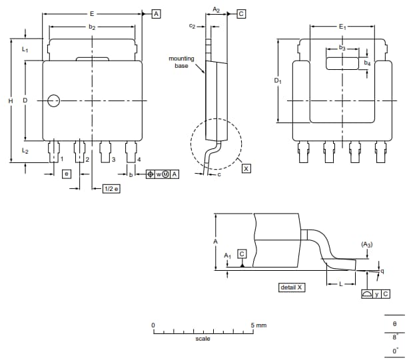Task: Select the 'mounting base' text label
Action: tap(181, 63)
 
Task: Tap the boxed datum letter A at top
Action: tap(156, 13)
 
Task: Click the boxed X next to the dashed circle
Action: tap(246, 169)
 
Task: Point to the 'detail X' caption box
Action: tap(291, 287)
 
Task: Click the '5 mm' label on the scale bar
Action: tap(258, 325)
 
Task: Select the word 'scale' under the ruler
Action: tap(203, 339)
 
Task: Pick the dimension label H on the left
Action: tap(10, 101)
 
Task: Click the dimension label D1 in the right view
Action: tap(278, 81)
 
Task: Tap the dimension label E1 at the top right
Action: tap(342, 26)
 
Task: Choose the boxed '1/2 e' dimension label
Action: tap(111, 189)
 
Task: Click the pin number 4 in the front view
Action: tap(139, 160)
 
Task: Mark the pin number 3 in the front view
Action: tap(113, 160)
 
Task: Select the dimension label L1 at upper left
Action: tap(25, 50)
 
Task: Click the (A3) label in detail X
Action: tap(367, 245)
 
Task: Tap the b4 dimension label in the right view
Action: tap(366, 63)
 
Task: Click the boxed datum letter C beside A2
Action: tap(241, 13)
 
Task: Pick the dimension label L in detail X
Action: tap(340, 283)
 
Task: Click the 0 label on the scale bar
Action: tap(153, 325)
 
